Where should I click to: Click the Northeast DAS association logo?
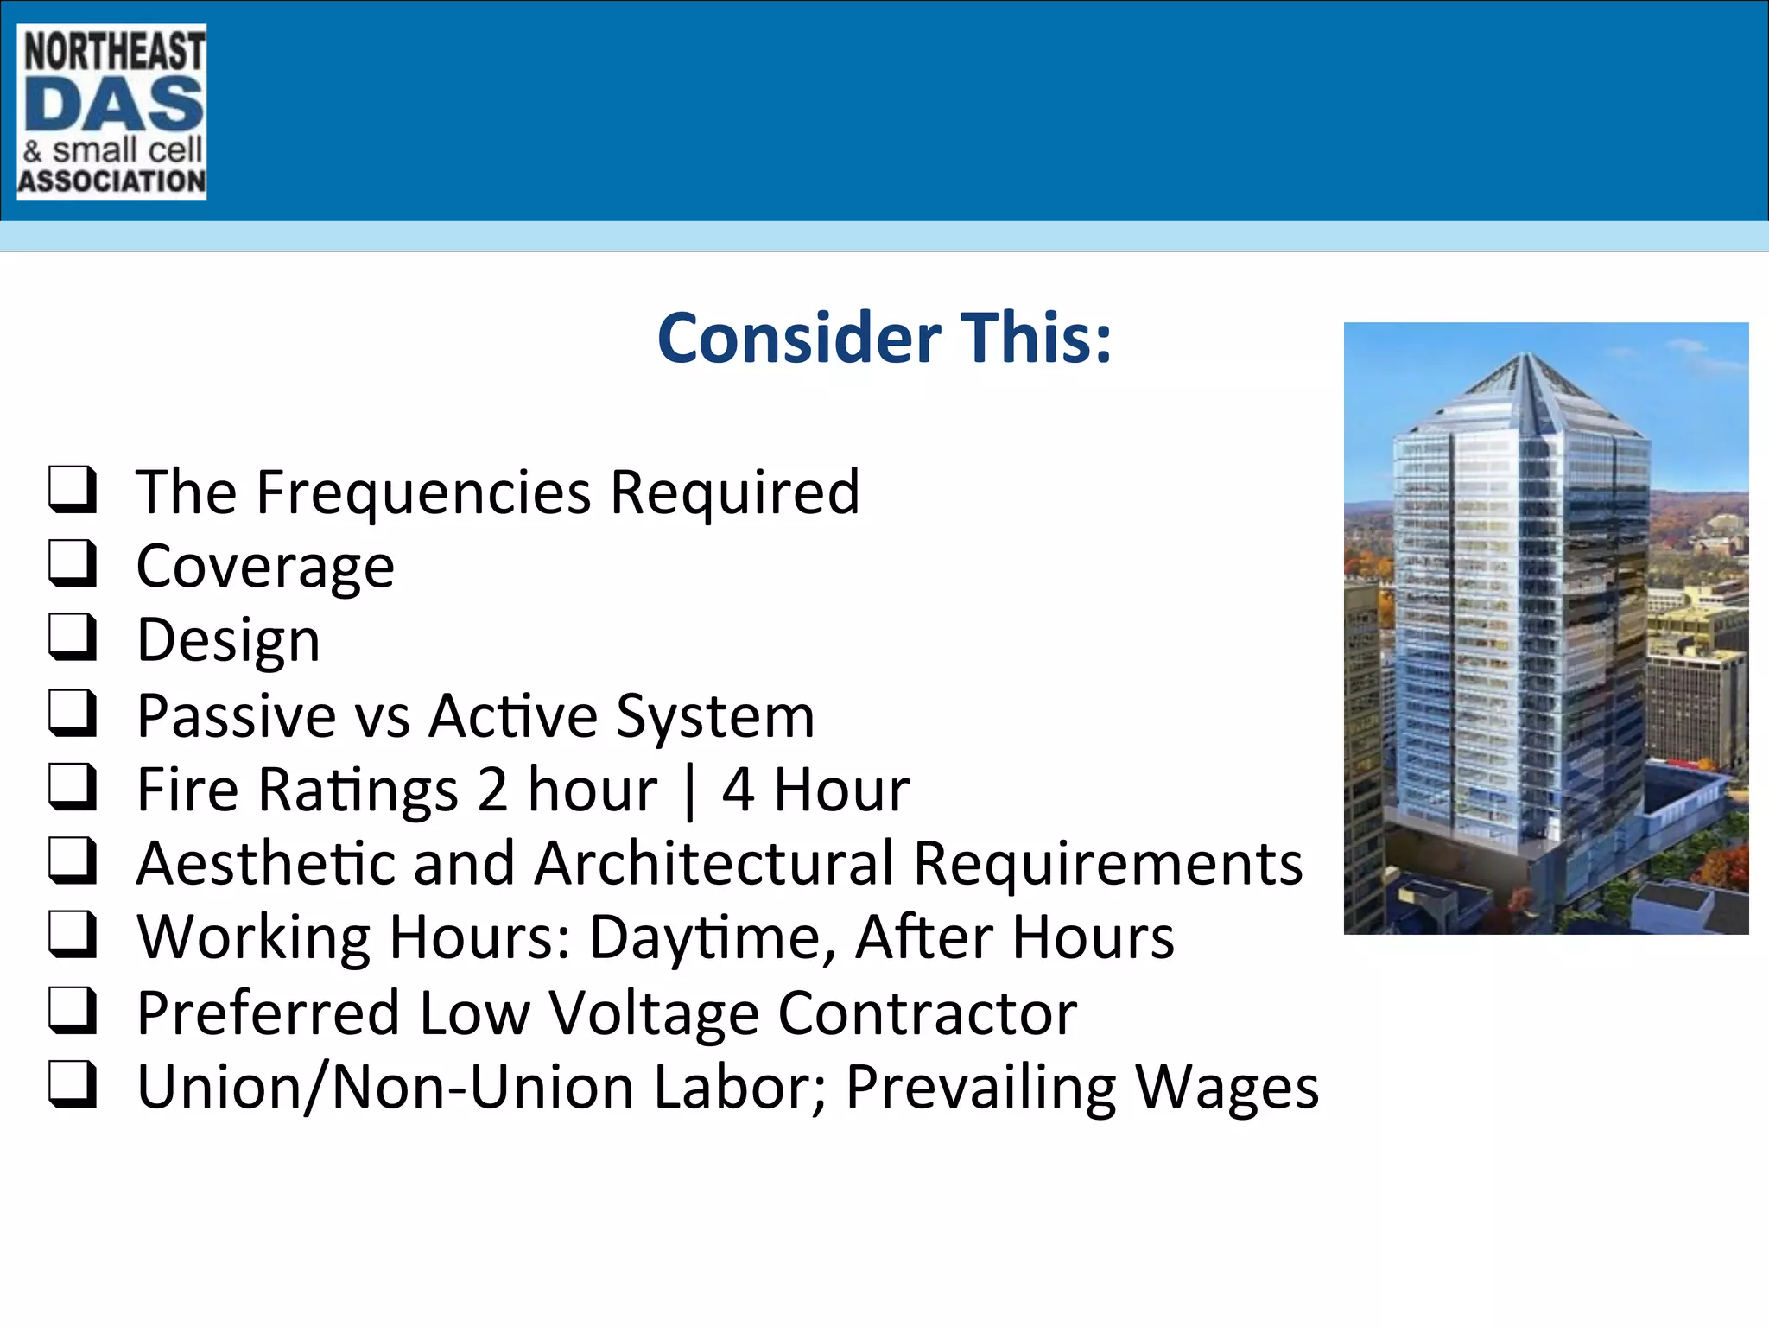[111, 112]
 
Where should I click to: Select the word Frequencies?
[424, 492]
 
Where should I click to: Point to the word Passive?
[236, 716]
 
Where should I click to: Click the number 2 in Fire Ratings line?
[492, 790]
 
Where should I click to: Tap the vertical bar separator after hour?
[688, 791]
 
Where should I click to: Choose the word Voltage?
[654, 1013]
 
